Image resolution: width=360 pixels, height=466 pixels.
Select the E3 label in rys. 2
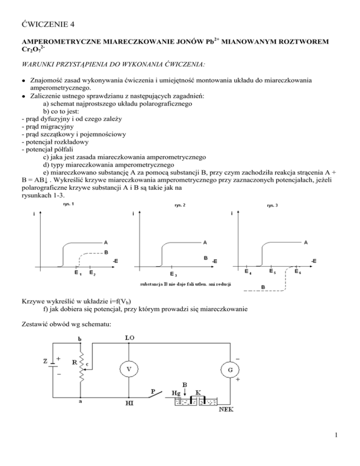tap(173, 274)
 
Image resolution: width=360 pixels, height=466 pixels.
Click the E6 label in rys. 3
tap(298, 271)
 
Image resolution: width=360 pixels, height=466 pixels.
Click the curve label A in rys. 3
tap(306, 242)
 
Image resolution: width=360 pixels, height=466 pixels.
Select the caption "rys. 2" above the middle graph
tap(174, 205)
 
